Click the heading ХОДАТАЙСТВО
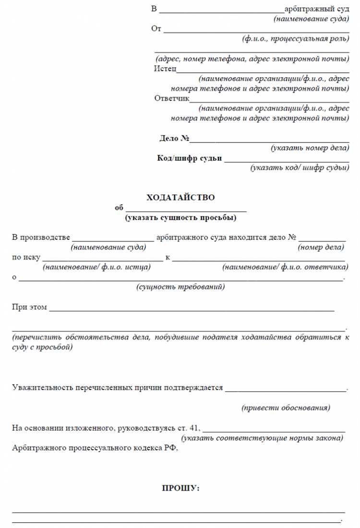click(x=180, y=198)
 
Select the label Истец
click(x=165, y=69)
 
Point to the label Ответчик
click(x=172, y=99)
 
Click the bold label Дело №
click(x=174, y=139)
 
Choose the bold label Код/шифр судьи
click(x=190, y=159)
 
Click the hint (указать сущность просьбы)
click(x=180, y=218)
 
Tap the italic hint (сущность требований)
click(x=180, y=287)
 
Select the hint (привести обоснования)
click(x=285, y=408)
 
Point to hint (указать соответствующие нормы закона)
click(x=262, y=438)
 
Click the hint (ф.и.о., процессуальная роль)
click(x=296, y=39)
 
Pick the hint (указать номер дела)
click(x=310, y=148)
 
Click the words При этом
click(x=29, y=307)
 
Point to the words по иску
click(x=26, y=258)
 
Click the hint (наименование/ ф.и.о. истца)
click(x=96, y=267)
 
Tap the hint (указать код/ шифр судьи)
click(x=300, y=168)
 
